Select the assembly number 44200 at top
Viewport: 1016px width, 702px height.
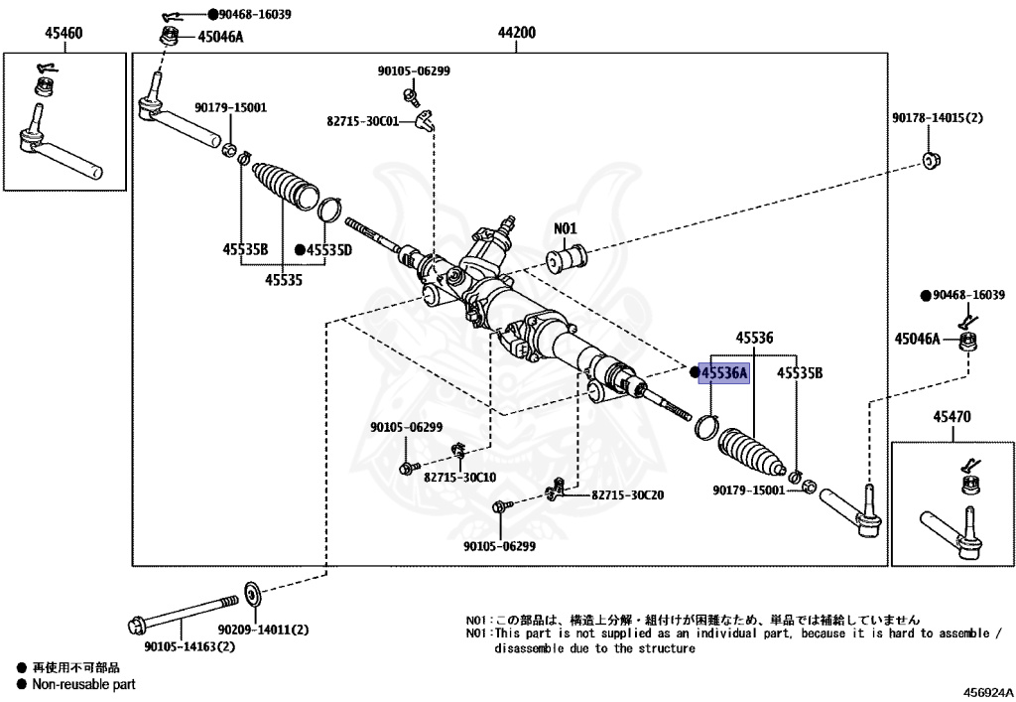pyautogui.click(x=516, y=33)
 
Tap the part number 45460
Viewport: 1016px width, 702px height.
pyautogui.click(x=63, y=33)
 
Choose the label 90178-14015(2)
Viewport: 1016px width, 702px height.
pyautogui.click(x=937, y=118)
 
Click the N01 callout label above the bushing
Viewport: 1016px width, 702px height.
pyautogui.click(x=565, y=228)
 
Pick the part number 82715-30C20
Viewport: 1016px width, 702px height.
pyautogui.click(x=627, y=494)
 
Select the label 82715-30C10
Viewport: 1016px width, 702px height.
pyautogui.click(x=459, y=477)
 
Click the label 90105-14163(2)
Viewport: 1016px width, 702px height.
pyautogui.click(x=189, y=646)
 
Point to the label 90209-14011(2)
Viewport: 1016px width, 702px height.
pyautogui.click(x=264, y=629)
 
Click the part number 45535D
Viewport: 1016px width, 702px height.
pyautogui.click(x=329, y=249)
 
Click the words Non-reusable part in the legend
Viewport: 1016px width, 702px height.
pyautogui.click(x=83, y=684)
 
